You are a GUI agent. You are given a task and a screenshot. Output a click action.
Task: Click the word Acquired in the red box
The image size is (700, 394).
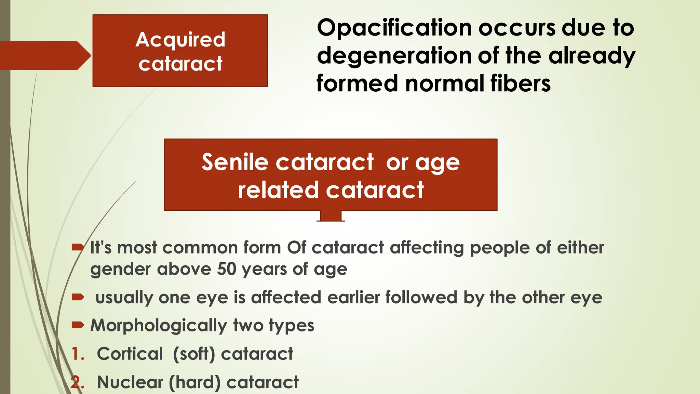click(x=180, y=40)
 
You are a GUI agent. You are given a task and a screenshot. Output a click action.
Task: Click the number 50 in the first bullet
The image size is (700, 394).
click(x=226, y=269)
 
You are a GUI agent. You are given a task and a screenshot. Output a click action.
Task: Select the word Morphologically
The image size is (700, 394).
click(x=159, y=326)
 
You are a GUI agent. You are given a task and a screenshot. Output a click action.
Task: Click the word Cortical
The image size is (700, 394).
click(x=130, y=354)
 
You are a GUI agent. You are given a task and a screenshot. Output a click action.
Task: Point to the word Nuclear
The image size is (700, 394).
click(x=130, y=382)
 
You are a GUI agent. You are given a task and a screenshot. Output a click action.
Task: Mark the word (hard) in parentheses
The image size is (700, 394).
click(x=195, y=382)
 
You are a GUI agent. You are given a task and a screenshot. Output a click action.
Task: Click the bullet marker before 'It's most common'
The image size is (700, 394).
click(x=78, y=247)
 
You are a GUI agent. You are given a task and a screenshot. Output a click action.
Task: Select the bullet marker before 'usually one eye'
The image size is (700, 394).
click(x=78, y=297)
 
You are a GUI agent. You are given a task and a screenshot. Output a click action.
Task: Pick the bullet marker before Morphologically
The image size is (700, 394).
click(x=78, y=325)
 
